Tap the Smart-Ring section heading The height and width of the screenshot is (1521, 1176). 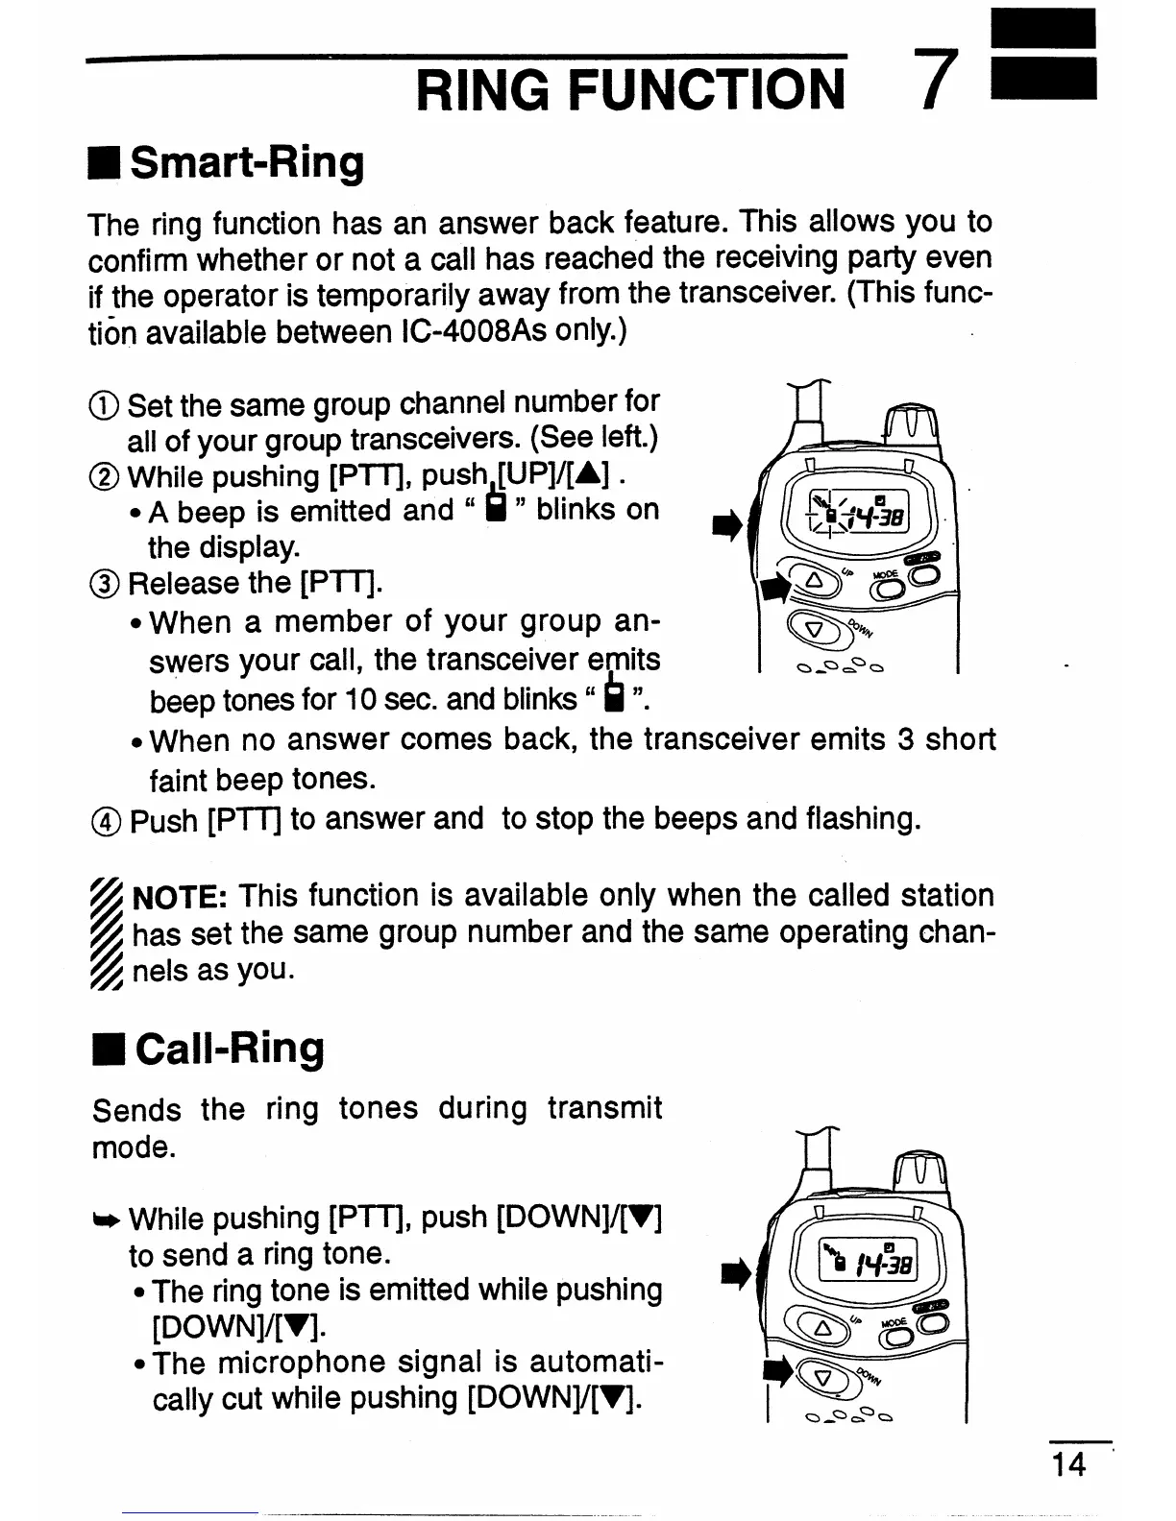tap(246, 163)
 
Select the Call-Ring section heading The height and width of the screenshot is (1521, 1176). tap(229, 1048)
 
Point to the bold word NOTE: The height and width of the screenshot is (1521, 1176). tap(179, 897)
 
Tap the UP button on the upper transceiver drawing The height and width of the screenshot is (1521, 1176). tap(814, 581)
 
